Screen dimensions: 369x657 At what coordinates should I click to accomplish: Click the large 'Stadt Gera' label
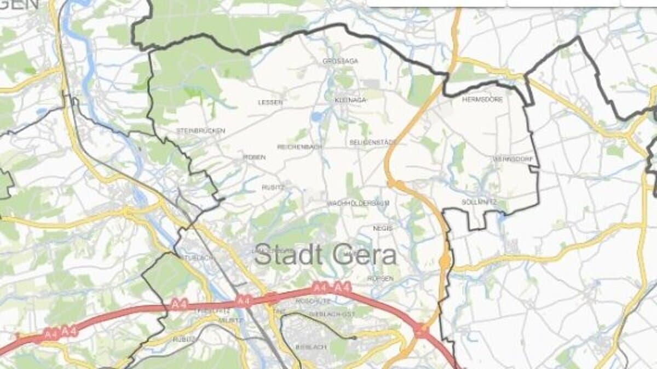click(x=325, y=256)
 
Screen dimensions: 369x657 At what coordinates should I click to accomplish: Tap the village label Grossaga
click(x=341, y=61)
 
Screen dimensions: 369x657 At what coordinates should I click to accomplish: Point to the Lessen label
click(x=270, y=102)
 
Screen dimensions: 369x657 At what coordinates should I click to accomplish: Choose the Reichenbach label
click(x=300, y=147)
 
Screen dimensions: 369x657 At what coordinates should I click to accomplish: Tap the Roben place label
click(x=254, y=157)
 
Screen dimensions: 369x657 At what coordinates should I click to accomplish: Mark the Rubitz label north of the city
click(x=273, y=187)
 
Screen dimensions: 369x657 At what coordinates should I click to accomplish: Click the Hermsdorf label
click(x=482, y=100)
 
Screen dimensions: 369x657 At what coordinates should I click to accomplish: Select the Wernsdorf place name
click(x=513, y=159)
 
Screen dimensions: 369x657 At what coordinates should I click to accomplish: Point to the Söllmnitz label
click(x=479, y=202)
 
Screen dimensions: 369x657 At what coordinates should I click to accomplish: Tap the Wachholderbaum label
click(x=358, y=203)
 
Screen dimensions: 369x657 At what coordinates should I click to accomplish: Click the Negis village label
click(x=383, y=228)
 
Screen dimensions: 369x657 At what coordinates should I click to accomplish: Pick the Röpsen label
click(x=381, y=279)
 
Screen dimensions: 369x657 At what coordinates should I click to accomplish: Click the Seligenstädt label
click(x=373, y=142)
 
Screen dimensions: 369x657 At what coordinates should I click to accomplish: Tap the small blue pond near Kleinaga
click(x=316, y=117)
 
